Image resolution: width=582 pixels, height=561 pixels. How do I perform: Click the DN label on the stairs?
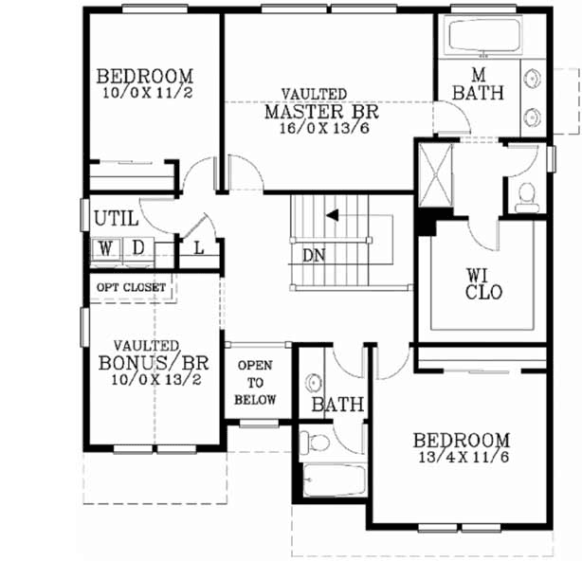314,254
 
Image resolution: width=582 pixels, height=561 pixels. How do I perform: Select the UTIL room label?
116,219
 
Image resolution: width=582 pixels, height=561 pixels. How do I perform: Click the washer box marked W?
105,248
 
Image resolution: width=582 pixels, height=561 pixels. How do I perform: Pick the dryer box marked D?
136,248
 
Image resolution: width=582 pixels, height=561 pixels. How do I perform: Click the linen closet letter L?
199,247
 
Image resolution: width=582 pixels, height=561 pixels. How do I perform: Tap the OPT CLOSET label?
131,286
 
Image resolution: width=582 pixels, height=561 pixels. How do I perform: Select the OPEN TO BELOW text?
256,382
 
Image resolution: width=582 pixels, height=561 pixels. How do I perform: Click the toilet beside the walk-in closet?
527,195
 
